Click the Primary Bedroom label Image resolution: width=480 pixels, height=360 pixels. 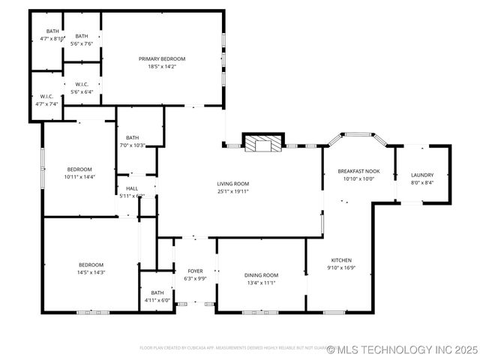(x=161, y=58)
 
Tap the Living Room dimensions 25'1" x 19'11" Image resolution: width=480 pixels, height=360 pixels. (x=232, y=191)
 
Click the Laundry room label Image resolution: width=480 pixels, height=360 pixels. (x=421, y=175)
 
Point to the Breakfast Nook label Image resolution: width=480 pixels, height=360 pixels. (x=358, y=171)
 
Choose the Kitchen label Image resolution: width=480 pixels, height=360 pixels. (x=340, y=260)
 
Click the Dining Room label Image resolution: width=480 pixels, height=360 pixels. (x=261, y=275)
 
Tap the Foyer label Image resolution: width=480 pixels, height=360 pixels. (x=195, y=271)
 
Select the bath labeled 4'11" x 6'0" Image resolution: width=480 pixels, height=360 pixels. (x=157, y=296)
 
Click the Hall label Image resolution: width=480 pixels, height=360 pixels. (x=132, y=188)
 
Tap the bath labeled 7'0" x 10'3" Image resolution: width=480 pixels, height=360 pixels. (x=132, y=141)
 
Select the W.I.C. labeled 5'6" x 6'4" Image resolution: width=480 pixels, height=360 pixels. (x=80, y=88)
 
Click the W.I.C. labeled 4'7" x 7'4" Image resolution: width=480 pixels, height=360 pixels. (x=46, y=100)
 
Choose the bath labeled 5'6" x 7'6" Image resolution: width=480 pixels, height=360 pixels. (x=81, y=40)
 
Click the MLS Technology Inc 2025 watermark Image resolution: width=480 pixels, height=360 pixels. (x=403, y=349)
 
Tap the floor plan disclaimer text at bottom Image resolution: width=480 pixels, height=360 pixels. (x=232, y=348)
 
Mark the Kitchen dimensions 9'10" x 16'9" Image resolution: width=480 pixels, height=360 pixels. (x=340, y=268)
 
